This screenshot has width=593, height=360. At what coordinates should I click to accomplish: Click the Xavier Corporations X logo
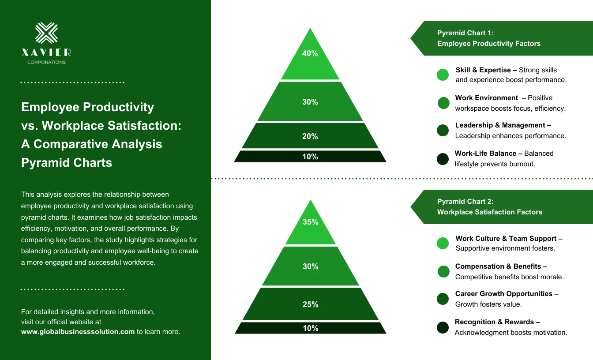(46, 33)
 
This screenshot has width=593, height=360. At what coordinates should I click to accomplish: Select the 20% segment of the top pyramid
(310, 136)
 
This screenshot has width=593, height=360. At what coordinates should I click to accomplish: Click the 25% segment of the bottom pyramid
(310, 304)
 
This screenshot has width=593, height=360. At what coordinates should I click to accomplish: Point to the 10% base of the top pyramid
(310, 157)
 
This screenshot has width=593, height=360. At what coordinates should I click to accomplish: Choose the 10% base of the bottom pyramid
(310, 328)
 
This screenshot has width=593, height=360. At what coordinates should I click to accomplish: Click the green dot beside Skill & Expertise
(443, 75)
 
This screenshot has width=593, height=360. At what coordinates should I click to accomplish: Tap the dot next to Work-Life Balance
(443, 159)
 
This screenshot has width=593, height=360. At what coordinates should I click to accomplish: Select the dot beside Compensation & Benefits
(443, 271)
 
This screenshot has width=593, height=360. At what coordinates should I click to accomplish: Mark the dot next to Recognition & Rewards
(443, 327)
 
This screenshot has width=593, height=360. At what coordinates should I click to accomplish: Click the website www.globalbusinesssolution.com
(78, 332)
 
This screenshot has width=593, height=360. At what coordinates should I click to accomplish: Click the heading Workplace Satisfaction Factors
(489, 212)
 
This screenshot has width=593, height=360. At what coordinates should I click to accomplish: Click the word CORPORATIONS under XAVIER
(46, 62)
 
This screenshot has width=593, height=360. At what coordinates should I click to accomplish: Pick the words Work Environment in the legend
(486, 98)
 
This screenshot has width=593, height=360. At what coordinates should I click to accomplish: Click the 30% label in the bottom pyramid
(310, 266)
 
